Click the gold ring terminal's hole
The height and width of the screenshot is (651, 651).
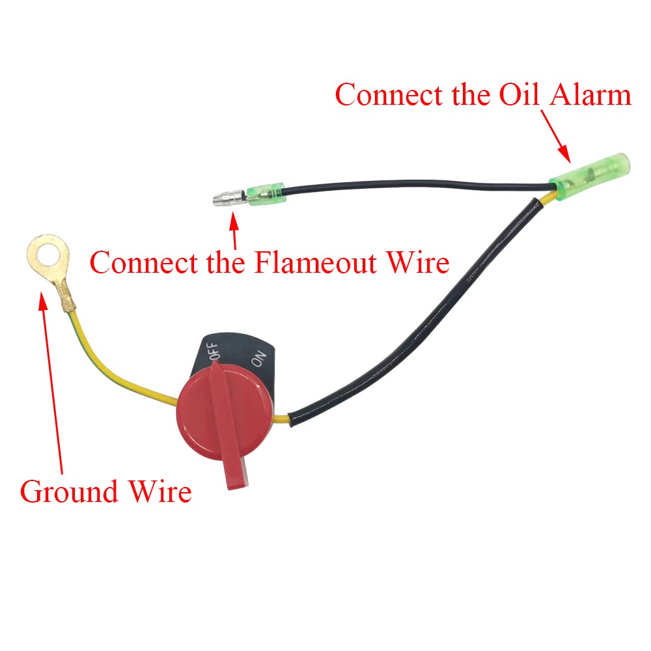point(44,258)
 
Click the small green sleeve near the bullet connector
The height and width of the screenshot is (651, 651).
point(265,191)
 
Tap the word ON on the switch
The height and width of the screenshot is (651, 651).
point(259,359)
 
